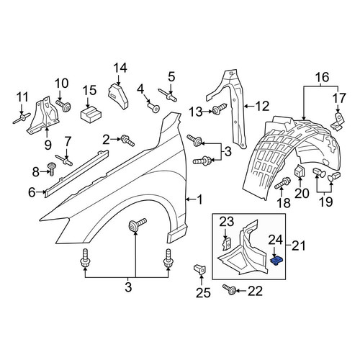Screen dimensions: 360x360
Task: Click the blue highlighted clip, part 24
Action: (x=276, y=261)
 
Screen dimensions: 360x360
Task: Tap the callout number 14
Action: (x=120, y=68)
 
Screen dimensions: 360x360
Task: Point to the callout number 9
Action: (x=48, y=145)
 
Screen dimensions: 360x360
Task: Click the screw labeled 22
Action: (x=229, y=290)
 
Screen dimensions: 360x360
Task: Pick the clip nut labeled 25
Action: (x=200, y=269)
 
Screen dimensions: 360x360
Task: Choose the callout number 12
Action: (x=262, y=106)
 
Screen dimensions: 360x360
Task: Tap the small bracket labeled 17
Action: (x=338, y=122)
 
